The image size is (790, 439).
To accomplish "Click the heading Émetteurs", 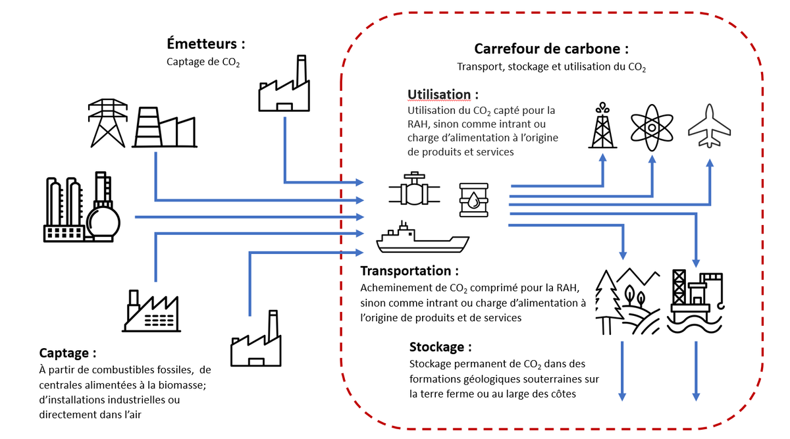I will [205, 45].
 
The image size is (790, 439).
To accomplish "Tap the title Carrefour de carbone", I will [551, 49].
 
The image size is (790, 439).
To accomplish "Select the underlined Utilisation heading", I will [439, 94].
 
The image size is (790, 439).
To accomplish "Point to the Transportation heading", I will [409, 271].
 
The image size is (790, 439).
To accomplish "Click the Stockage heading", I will [440, 347].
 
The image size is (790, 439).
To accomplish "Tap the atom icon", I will [652, 126].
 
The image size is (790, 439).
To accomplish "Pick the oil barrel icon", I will [474, 199].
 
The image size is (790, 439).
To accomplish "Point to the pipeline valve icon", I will [413, 191].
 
